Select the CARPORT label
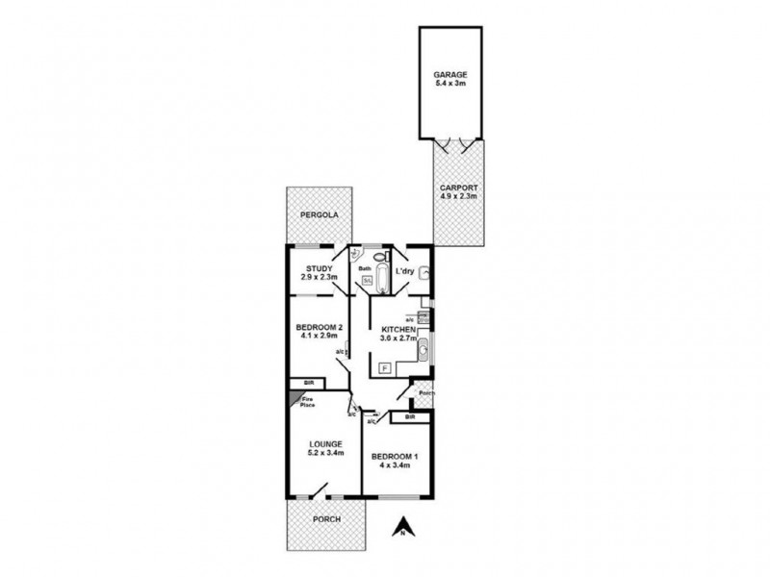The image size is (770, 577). pyautogui.click(x=458, y=188)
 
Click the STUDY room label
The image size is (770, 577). pyautogui.click(x=319, y=268)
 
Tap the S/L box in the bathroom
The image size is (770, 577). pyautogui.click(x=367, y=281)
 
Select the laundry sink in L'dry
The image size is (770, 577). pyautogui.click(x=424, y=272)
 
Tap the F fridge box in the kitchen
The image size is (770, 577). pyautogui.click(x=384, y=368)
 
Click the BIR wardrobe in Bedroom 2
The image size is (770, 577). pyautogui.click(x=309, y=383)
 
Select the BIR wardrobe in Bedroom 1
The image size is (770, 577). pyautogui.click(x=410, y=417)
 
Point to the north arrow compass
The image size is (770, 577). pyautogui.click(x=405, y=527)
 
